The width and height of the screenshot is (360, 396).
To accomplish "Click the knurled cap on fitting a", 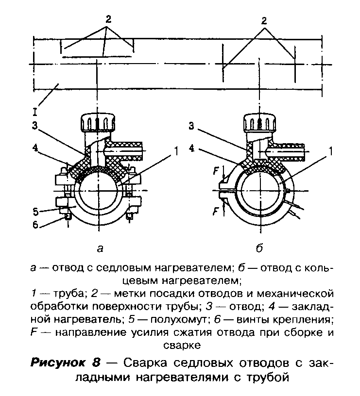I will click(98, 122).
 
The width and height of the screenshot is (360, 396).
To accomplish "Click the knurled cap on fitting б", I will click(260, 122).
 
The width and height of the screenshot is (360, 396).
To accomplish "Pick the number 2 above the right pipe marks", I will click(264, 20).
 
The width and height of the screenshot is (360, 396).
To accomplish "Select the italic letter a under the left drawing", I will click(100, 249).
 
